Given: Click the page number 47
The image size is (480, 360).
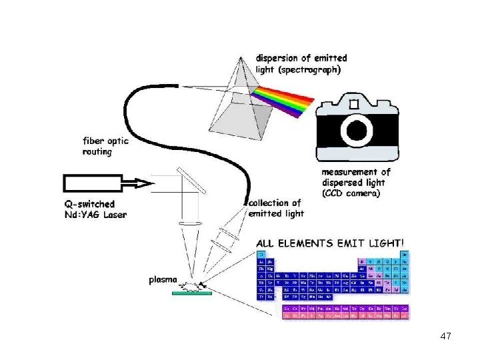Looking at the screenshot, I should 446,336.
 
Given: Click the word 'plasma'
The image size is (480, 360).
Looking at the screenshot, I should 163,281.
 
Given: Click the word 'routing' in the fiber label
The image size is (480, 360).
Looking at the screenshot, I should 97,152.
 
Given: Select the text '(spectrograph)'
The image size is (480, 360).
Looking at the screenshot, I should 309,69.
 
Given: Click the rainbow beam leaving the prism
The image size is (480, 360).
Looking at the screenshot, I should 283,98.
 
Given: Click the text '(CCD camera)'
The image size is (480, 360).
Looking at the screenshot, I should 351,193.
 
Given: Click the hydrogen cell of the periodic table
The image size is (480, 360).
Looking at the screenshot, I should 261,254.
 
